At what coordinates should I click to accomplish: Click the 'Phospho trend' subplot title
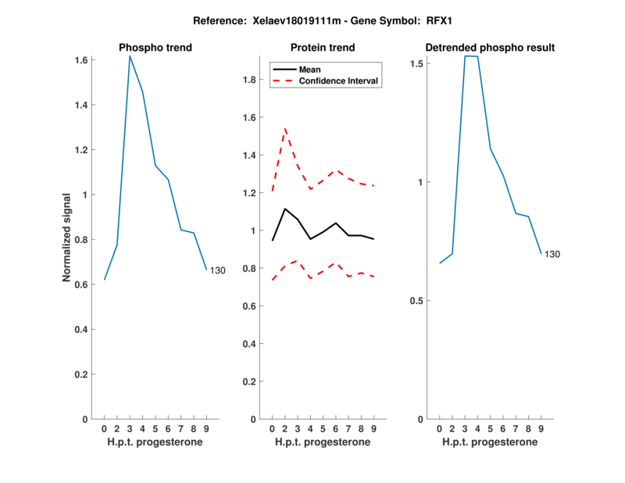(x=155, y=48)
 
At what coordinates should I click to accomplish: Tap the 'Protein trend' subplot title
(x=323, y=48)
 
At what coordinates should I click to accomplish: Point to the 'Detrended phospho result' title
(x=490, y=48)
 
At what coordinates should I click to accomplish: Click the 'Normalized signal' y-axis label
(x=68, y=238)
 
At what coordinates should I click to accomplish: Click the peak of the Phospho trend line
(x=130, y=56)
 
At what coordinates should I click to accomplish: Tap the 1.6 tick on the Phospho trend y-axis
(x=79, y=59)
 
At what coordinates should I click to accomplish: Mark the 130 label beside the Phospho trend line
(x=217, y=270)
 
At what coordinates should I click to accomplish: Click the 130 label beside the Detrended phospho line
(x=552, y=254)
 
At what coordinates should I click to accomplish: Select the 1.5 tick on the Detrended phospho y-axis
(x=417, y=63)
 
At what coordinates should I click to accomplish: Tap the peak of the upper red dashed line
(x=285, y=128)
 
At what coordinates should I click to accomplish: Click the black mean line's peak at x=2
(x=285, y=209)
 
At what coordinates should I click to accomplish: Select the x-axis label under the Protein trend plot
(x=323, y=442)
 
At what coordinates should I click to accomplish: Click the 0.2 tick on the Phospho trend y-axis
(x=79, y=374)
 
